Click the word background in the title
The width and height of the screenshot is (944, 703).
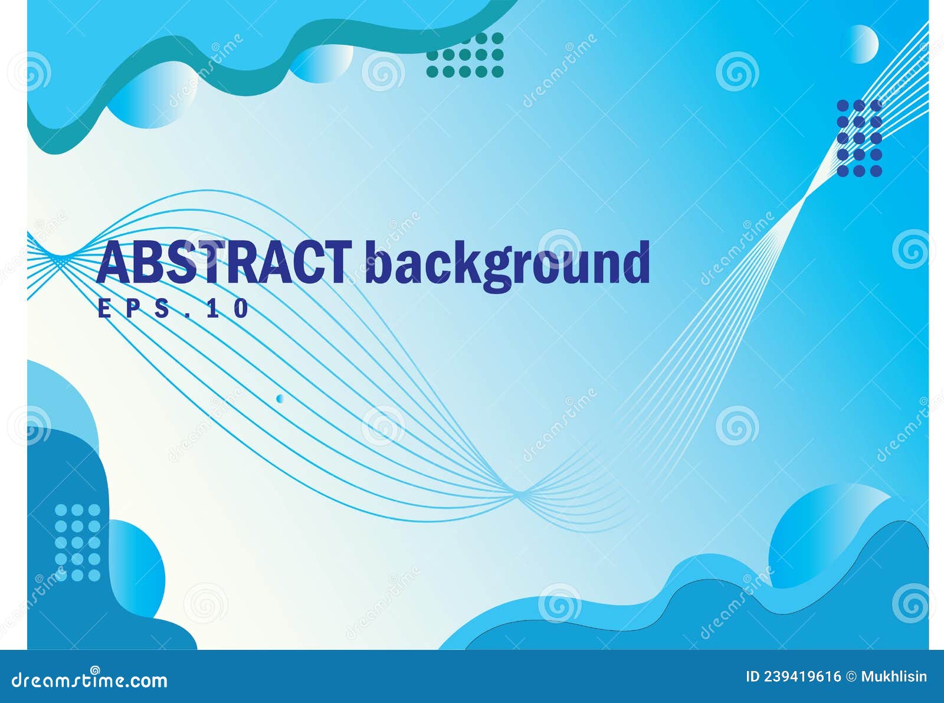507,264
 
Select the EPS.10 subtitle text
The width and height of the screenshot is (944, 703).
173,309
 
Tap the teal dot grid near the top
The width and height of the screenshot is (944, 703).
465,55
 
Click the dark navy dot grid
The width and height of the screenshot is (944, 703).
860,138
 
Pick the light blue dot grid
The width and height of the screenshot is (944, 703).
77,542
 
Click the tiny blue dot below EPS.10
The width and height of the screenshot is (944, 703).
280,398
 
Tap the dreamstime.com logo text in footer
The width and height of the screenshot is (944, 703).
90,681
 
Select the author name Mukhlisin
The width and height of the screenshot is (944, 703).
894,676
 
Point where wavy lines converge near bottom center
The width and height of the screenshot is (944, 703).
522,492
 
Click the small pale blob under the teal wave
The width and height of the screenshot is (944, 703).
322,62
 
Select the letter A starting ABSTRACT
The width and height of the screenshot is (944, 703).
114,263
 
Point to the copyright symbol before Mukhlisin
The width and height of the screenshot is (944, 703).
851,676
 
